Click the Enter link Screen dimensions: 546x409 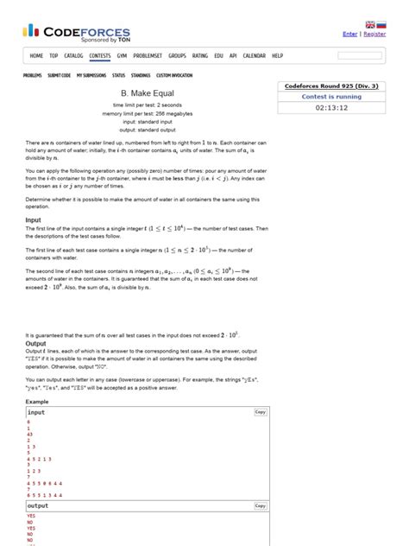tap(349, 34)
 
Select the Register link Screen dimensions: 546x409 tap(374, 34)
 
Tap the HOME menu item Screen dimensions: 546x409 tap(36, 55)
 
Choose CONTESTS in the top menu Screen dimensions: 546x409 tap(100, 55)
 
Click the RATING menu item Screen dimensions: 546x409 tap(200, 55)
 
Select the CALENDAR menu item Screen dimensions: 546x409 tap(255, 55)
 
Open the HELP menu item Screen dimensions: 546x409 tap(277, 55)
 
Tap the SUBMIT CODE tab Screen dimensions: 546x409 tap(59, 75)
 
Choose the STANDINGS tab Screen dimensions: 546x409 tap(141, 75)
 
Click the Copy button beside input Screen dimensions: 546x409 tap(260, 412)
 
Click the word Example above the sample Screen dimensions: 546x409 tap(37, 403)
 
